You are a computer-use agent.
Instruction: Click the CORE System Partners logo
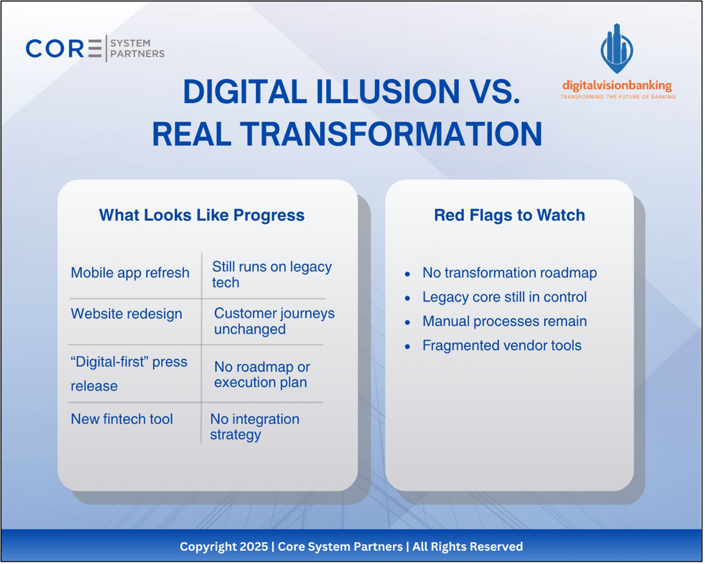95,48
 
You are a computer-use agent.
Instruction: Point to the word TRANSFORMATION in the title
392,134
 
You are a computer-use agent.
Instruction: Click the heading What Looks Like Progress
202,216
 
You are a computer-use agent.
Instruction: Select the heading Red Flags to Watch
510,215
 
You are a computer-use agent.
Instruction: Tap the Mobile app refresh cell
130,273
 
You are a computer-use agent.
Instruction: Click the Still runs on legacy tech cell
272,275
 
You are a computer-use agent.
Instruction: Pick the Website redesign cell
127,314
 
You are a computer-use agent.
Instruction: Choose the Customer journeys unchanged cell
275,321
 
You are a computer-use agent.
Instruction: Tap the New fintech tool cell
122,420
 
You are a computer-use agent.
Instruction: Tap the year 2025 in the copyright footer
254,547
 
